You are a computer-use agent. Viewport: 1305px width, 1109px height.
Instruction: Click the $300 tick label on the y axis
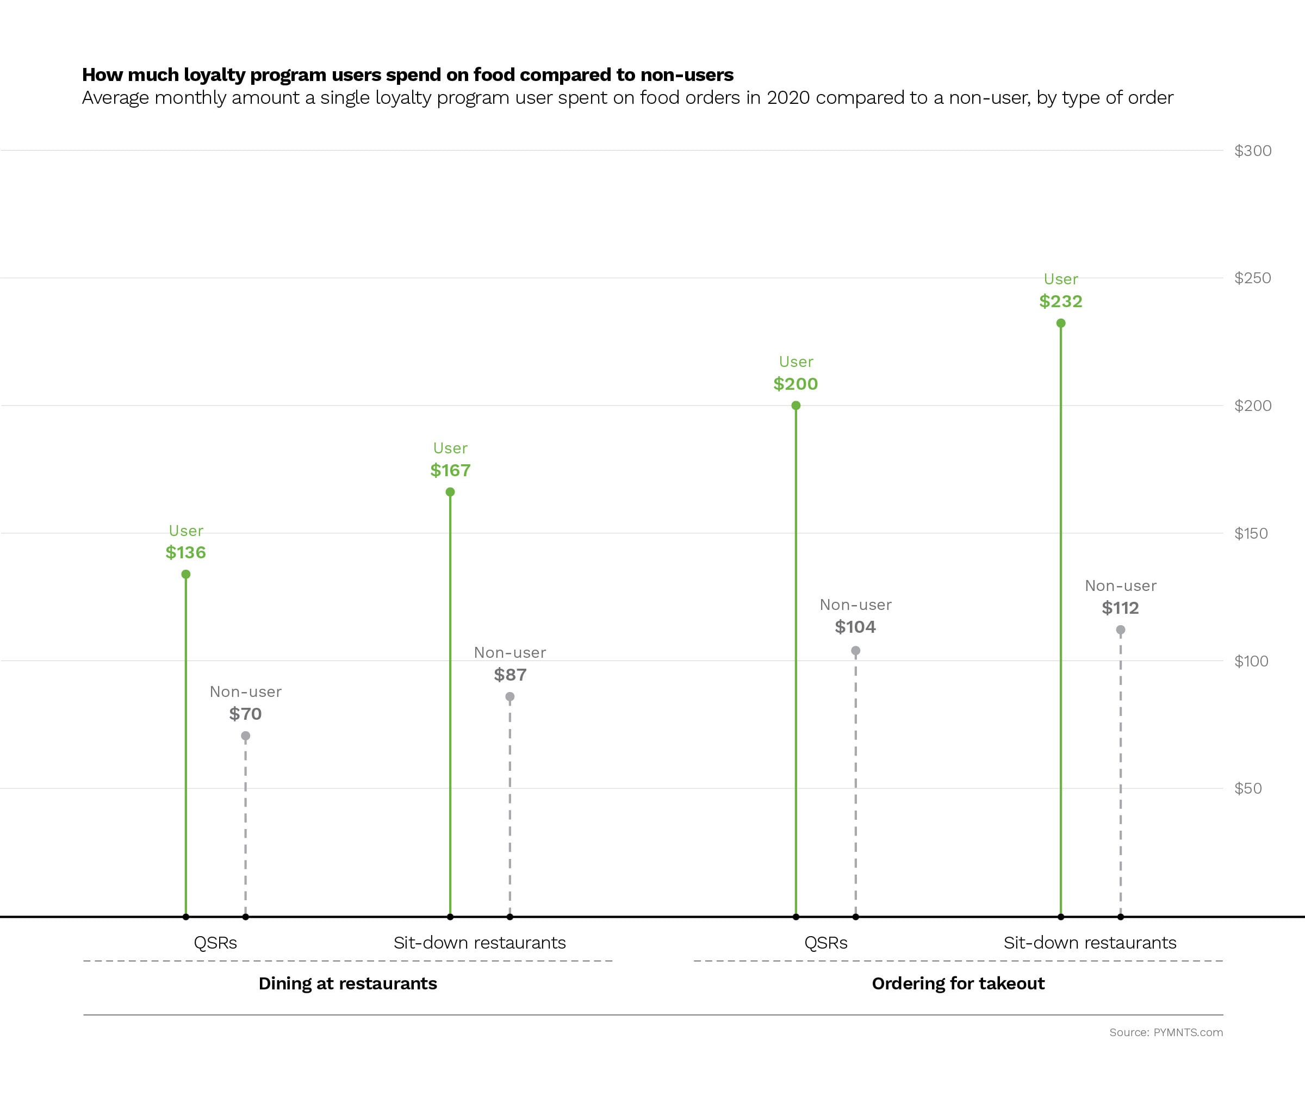(x=1252, y=151)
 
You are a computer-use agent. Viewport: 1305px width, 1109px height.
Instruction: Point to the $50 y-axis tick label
(x=1248, y=788)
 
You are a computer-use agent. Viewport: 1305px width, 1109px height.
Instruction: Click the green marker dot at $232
(x=1060, y=323)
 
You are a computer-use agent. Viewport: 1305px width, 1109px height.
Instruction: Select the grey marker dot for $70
(x=245, y=736)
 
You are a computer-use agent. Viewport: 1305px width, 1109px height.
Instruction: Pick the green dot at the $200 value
(x=796, y=406)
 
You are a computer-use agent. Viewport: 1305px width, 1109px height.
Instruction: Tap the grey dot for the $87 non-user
(x=509, y=696)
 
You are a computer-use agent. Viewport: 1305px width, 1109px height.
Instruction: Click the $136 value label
(x=185, y=553)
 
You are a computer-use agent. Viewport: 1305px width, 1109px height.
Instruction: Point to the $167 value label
(x=450, y=470)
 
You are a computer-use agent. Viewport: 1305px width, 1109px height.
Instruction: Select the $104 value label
(x=855, y=627)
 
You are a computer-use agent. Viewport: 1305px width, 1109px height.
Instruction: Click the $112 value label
(x=1120, y=608)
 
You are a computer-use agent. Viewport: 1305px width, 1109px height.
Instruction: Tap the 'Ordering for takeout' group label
(x=958, y=983)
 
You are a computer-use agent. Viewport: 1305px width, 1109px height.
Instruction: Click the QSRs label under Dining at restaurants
(x=215, y=943)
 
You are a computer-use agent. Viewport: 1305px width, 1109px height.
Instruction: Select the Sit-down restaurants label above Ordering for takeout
(x=1090, y=943)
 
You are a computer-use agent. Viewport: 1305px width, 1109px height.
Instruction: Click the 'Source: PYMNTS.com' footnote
(x=1165, y=1032)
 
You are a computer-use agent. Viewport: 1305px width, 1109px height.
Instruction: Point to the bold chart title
(x=407, y=75)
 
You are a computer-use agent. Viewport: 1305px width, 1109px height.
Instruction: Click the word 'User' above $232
(x=1060, y=279)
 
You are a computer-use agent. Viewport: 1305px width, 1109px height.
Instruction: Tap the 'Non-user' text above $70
(x=245, y=691)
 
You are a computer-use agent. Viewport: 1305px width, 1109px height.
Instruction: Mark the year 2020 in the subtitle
(x=787, y=98)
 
